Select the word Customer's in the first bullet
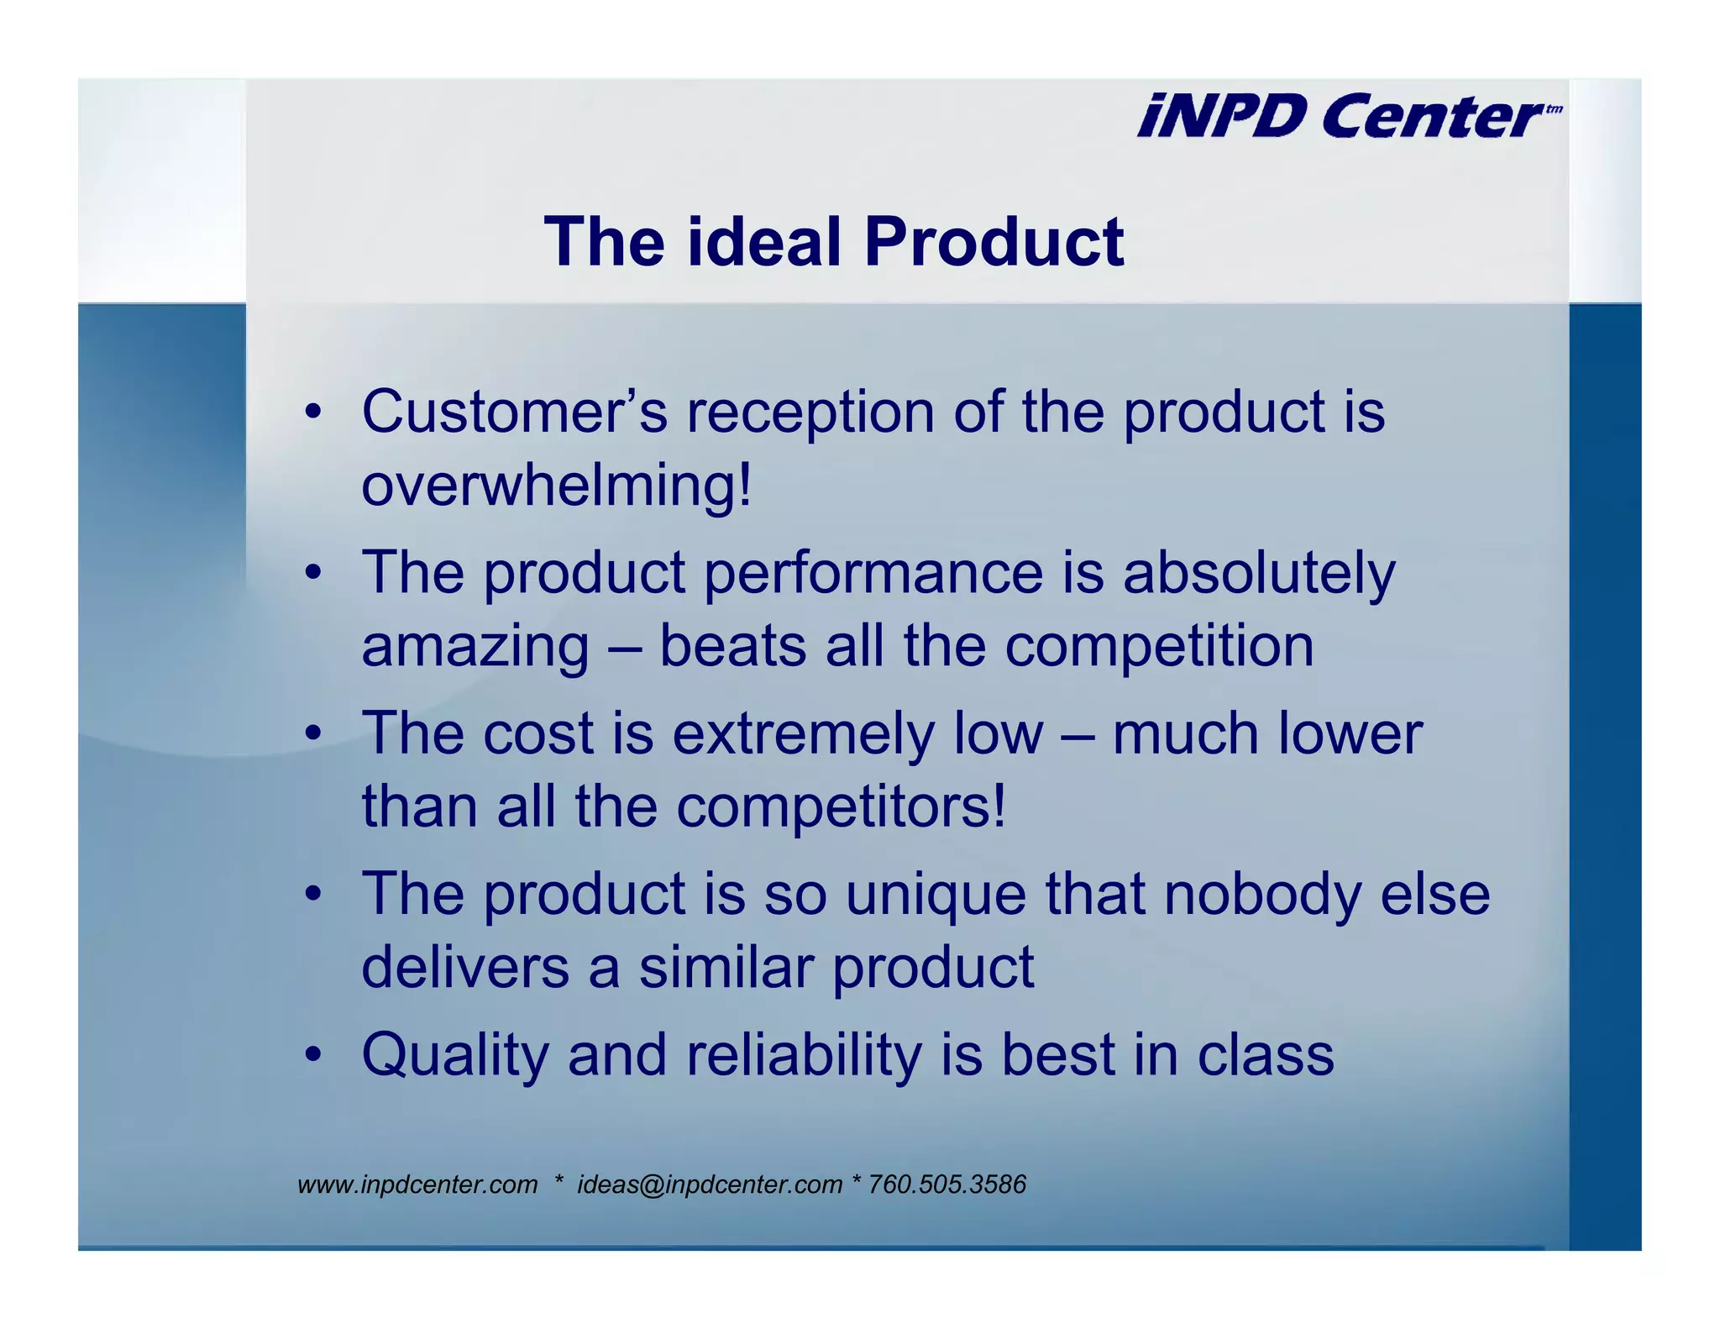coord(514,412)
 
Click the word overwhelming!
coord(556,486)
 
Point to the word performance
coord(873,573)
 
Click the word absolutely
coord(1258,573)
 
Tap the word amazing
coord(475,647)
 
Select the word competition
coord(1159,647)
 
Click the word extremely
coord(803,734)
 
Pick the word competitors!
coord(841,806)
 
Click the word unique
coord(935,894)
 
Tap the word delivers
coord(465,968)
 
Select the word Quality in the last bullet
coord(454,1055)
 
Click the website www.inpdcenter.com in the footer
coord(417,1185)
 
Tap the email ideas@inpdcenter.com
coord(709,1185)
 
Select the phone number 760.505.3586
coord(947,1185)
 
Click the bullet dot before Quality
coord(313,1055)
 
